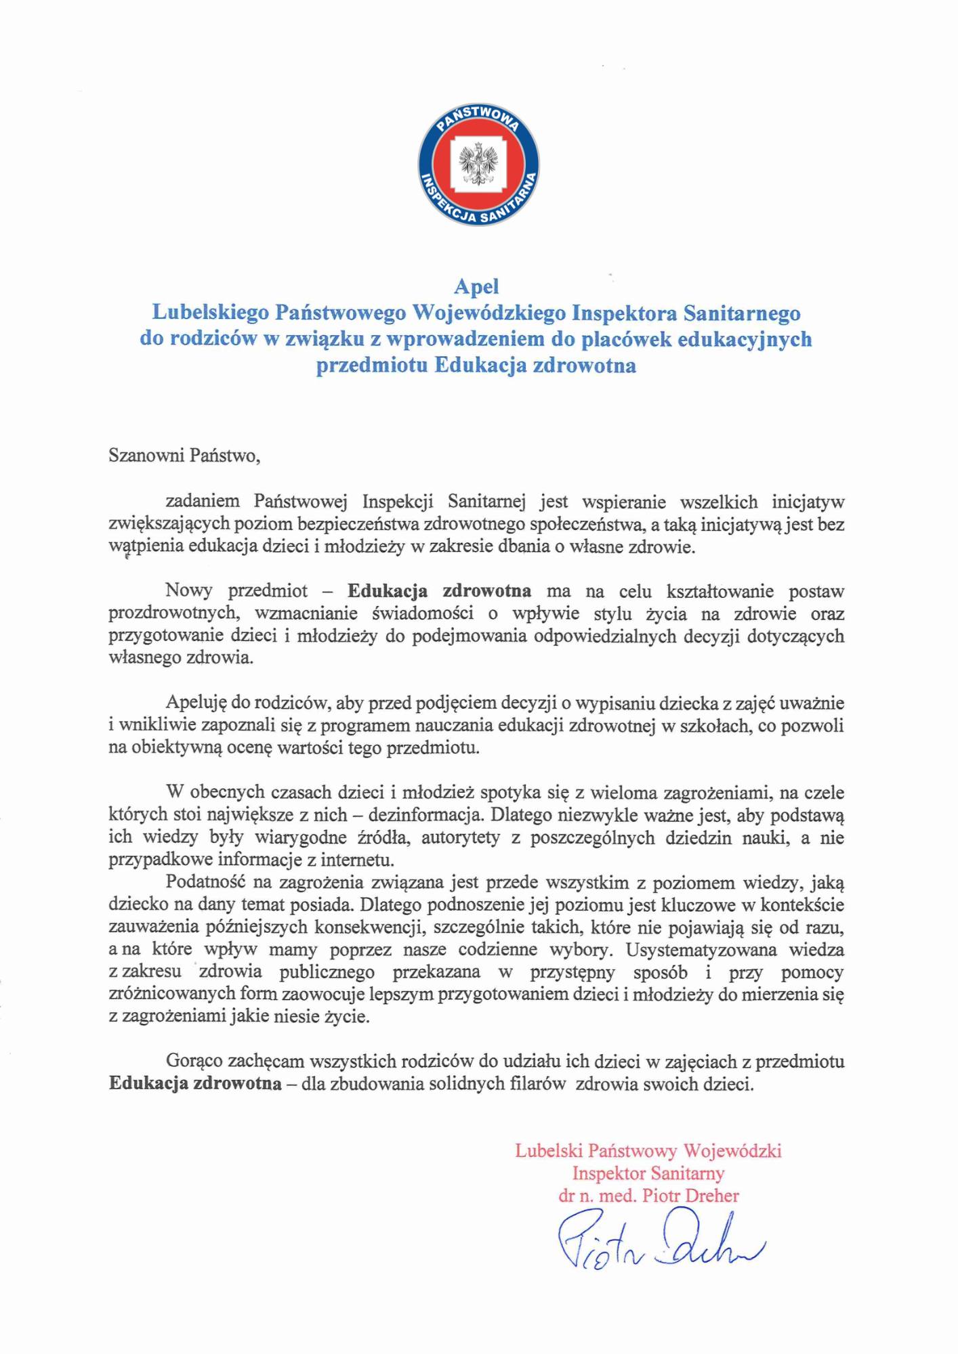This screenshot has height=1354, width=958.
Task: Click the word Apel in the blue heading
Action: click(x=476, y=286)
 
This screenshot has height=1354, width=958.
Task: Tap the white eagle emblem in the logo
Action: click(x=478, y=165)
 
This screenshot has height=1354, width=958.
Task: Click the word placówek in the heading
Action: click(x=622, y=339)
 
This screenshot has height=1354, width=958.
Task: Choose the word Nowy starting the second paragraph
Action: click(x=188, y=590)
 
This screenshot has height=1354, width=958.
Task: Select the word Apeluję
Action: click(x=196, y=703)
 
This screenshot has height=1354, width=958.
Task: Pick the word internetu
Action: click(x=357, y=860)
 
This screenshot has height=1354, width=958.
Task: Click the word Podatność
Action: click(x=205, y=882)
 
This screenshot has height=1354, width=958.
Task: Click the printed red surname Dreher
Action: click(x=711, y=1196)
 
